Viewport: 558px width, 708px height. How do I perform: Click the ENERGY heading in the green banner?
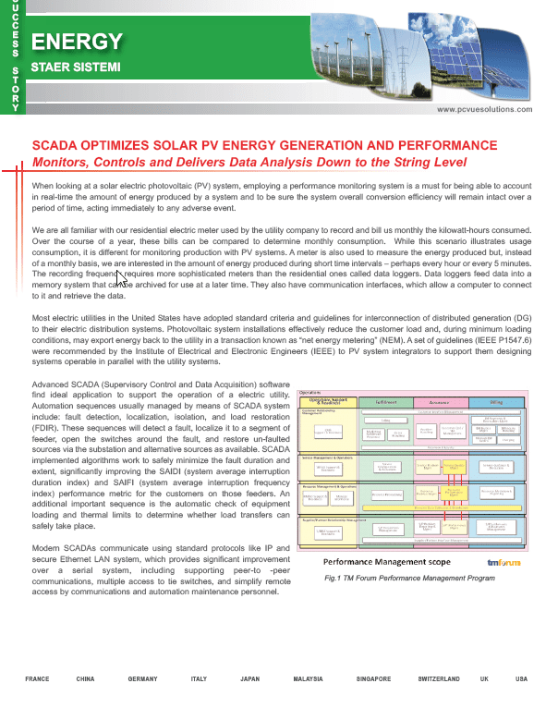click(77, 41)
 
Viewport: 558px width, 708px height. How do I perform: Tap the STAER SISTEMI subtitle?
click(77, 67)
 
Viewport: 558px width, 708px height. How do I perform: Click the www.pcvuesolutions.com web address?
click(485, 108)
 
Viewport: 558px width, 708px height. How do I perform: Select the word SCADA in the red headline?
click(55, 146)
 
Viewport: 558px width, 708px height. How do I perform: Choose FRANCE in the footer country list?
click(38, 679)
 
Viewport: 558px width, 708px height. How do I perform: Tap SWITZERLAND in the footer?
click(439, 679)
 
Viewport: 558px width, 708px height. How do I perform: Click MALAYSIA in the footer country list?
click(308, 679)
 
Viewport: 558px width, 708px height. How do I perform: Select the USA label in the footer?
click(521, 679)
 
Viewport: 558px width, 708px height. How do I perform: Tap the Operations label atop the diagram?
click(310, 392)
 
